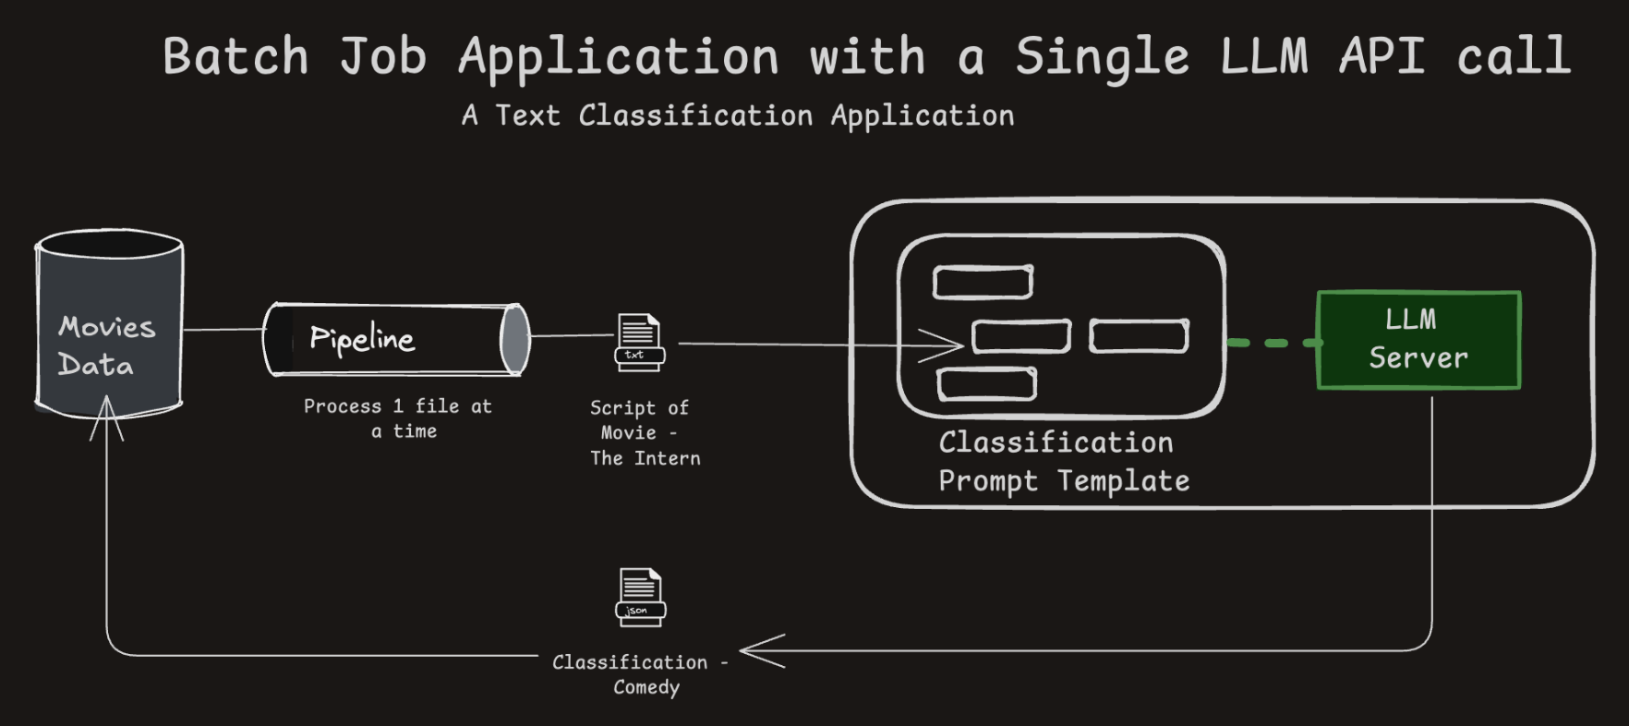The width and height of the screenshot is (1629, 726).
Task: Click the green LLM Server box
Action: pyautogui.click(x=1418, y=340)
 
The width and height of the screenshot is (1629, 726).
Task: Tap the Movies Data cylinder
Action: pyautogui.click(x=109, y=323)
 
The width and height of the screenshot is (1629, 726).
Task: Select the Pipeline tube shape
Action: pyautogui.click(x=397, y=340)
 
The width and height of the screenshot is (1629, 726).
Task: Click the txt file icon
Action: pyautogui.click(x=640, y=343)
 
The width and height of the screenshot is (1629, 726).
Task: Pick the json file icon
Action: pyautogui.click(x=640, y=597)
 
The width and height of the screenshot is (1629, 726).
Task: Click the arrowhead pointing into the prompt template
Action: pyautogui.click(x=947, y=346)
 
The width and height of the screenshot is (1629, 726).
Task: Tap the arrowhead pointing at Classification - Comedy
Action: pyautogui.click(x=759, y=651)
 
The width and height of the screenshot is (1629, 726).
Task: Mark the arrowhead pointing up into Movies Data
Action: pyautogui.click(x=107, y=416)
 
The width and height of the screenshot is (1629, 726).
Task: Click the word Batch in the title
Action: pyautogui.click(x=235, y=57)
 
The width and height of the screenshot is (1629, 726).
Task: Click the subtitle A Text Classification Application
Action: pyautogui.click(x=738, y=116)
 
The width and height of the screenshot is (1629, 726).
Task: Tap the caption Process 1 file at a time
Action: pyautogui.click(x=398, y=418)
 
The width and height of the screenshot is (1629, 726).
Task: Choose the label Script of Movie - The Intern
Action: pyautogui.click(x=644, y=432)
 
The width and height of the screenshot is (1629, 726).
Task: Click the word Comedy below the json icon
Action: pyautogui.click(x=646, y=687)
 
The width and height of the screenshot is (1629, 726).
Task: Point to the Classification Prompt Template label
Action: pyautogui.click(x=1063, y=462)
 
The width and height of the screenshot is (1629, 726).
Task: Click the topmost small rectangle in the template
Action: pyautogui.click(x=983, y=283)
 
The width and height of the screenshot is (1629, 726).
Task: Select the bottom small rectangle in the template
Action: pyautogui.click(x=986, y=384)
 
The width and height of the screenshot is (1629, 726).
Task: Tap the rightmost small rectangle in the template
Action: pyautogui.click(x=1139, y=336)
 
